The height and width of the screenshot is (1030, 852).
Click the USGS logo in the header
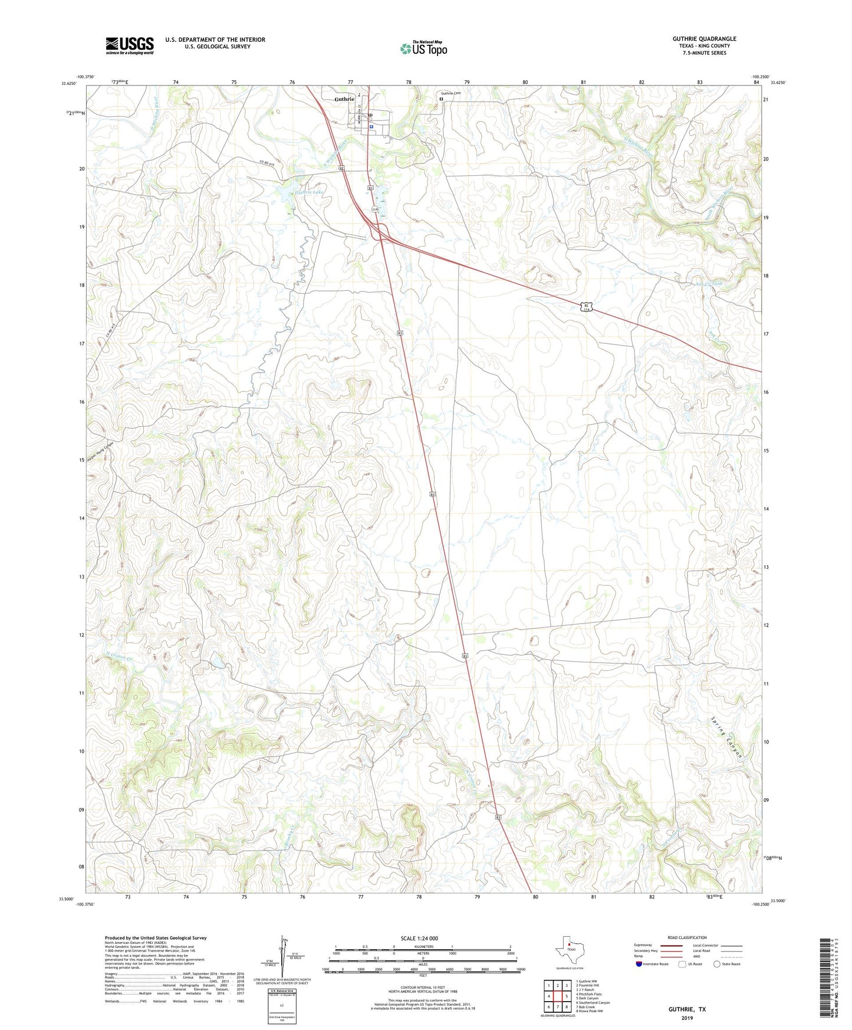click(x=130, y=45)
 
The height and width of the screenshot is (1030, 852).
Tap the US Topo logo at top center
click(x=423, y=48)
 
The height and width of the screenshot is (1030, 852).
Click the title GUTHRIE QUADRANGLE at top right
click(x=704, y=39)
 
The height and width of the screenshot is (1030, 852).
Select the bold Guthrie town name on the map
click(x=344, y=99)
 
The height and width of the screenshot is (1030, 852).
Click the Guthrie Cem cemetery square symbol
click(x=441, y=99)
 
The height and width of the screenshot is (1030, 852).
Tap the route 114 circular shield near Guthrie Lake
click(x=374, y=209)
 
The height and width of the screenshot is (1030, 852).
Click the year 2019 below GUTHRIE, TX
click(x=686, y=1018)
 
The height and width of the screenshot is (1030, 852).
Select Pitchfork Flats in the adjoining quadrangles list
click(x=590, y=994)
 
